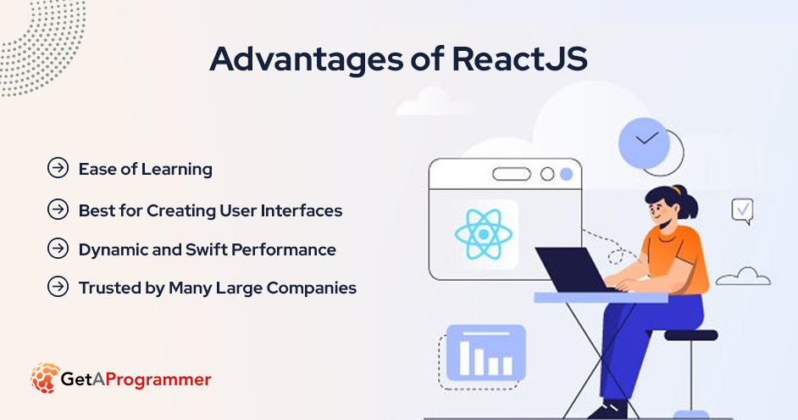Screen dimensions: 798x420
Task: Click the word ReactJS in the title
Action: tap(519, 59)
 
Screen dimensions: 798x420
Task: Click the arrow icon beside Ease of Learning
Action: tap(58, 168)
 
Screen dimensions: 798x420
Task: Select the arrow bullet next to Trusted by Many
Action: tap(58, 287)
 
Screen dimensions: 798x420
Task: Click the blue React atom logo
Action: tap(484, 234)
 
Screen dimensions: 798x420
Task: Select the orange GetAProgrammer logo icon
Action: tap(45, 378)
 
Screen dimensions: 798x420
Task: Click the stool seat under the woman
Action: tap(690, 335)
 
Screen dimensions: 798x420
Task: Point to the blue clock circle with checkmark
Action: tap(644, 143)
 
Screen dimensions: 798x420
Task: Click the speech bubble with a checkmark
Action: tap(743, 211)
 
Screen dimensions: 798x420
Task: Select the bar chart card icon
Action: tap(485, 353)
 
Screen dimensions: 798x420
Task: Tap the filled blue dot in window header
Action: tap(567, 174)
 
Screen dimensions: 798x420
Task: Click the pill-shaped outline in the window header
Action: tap(512, 174)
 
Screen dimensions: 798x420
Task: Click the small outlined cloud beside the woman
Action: tap(744, 277)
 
